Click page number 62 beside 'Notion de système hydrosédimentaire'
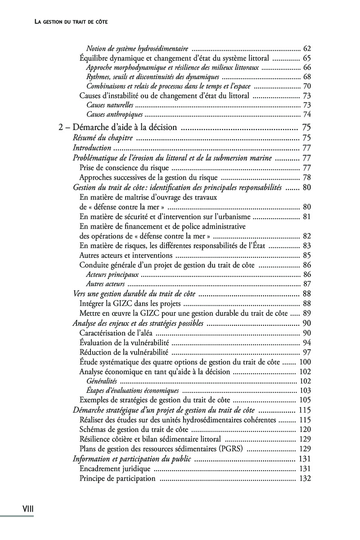pyautogui.click(x=307, y=49)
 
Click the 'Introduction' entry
pyautogui.click(x=92, y=148)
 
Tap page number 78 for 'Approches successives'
pyautogui.click(x=307, y=177)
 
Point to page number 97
pyautogui.click(x=307, y=352)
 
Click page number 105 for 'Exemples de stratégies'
pyautogui.click(x=305, y=400)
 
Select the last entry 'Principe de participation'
pyautogui.click(x=117, y=478)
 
